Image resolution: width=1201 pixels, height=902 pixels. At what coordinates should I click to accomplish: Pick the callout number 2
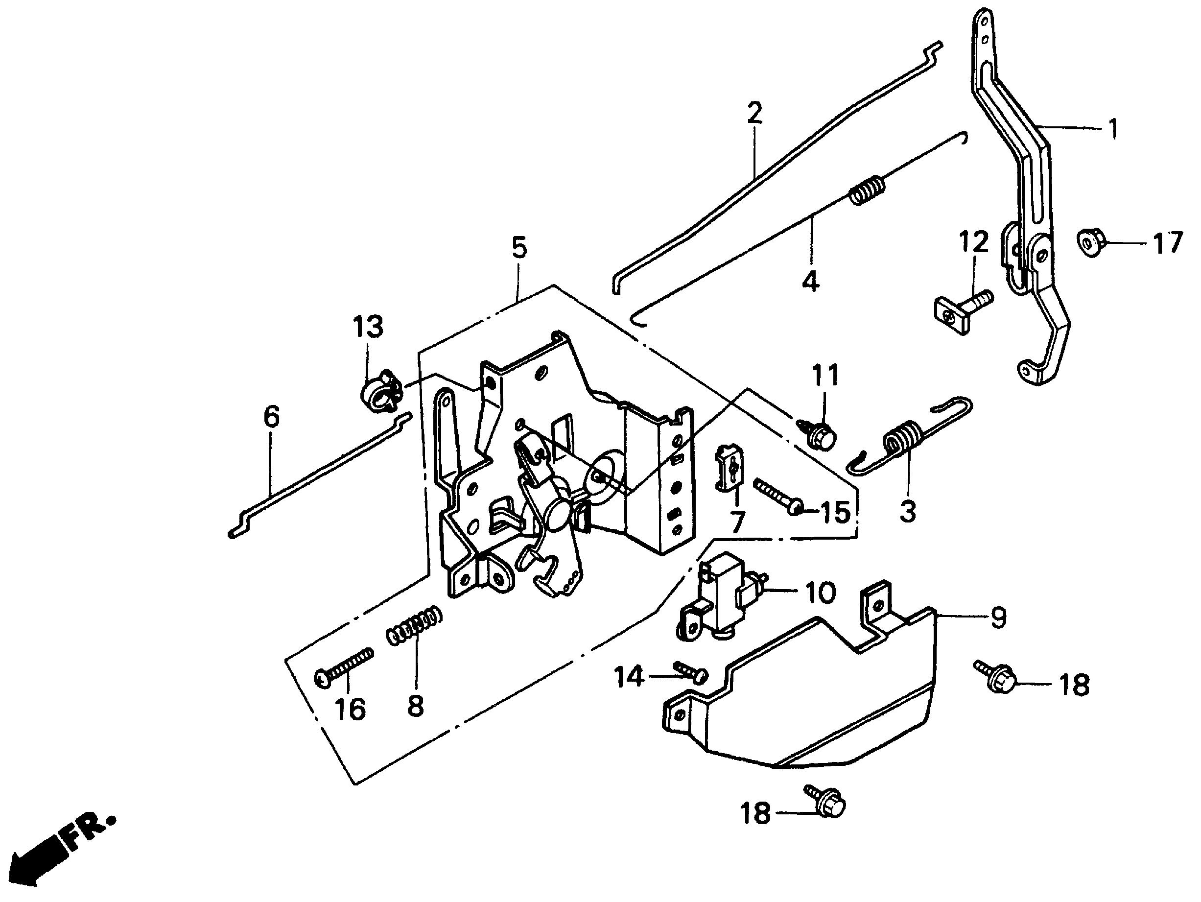pos(754,114)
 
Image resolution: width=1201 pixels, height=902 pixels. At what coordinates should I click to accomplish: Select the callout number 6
pos(271,418)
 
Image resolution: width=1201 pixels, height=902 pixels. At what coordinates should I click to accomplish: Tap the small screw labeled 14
pos(691,673)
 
